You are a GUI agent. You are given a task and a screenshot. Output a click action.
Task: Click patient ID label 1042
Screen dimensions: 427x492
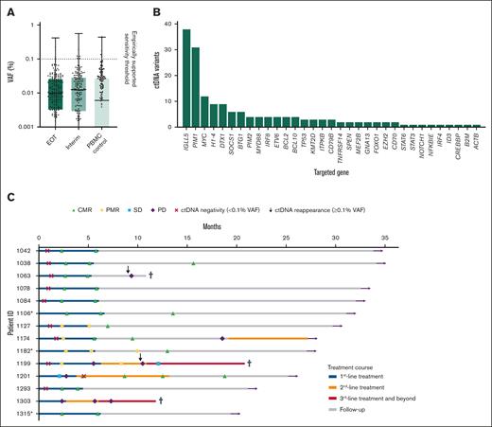coord(23,250)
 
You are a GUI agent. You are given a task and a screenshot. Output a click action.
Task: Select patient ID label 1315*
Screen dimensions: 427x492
coord(23,413)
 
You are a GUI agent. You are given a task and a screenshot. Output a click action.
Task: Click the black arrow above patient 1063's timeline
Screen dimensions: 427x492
coord(129,269)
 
